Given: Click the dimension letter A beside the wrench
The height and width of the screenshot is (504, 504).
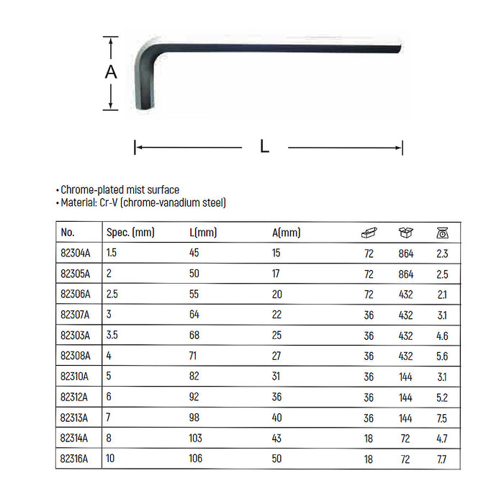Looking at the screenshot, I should pos(110,72).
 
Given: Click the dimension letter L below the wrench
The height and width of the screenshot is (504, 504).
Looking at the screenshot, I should pos(264,147).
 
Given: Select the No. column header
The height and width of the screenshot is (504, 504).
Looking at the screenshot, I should pos(68,233).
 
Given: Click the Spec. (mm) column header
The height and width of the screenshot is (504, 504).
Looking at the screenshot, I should pos(130,233).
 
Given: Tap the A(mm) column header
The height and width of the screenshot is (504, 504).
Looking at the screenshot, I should pos(286,233).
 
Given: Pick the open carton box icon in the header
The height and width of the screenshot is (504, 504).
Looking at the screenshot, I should pos(405,233).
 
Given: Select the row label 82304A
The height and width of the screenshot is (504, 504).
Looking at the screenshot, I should pos(76,253).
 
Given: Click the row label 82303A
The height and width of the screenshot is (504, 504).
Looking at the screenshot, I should pos(76,336).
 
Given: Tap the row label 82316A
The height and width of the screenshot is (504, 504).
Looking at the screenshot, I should pos(76,459).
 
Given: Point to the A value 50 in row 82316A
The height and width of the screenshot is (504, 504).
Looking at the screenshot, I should pos(277,459).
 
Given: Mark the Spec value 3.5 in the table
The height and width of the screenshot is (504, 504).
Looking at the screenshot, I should pos(112,336).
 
